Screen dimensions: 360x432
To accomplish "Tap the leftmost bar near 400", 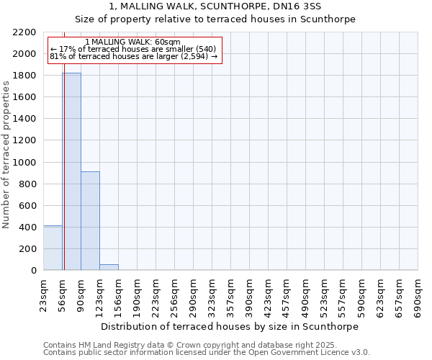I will coord(52,248).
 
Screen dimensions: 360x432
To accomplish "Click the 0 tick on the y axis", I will coord(34,271).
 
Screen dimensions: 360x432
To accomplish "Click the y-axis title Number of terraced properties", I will coord(6,155).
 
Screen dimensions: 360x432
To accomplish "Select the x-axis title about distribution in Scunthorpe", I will coord(229,326).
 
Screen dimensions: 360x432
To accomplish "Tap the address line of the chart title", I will coord(215,6).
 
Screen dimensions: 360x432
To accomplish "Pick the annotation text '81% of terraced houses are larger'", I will coord(133,56).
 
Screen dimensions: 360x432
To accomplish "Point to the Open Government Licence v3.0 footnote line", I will coord(206,353).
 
